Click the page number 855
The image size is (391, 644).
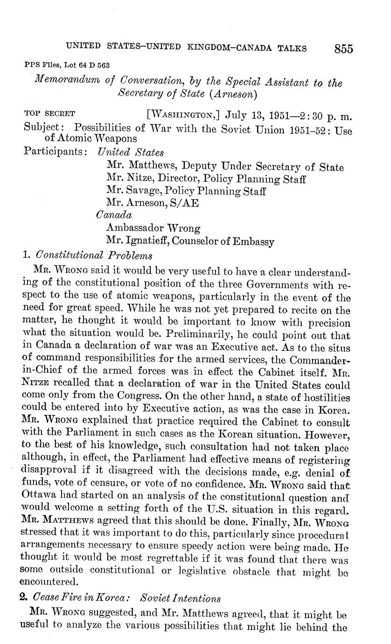(343, 49)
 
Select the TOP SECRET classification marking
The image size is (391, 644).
(49, 113)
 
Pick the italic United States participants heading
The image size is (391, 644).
(130, 152)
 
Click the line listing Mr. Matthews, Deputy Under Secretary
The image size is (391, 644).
(225, 167)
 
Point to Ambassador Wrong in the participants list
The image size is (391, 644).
(153, 228)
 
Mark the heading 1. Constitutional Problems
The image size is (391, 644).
(87, 255)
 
